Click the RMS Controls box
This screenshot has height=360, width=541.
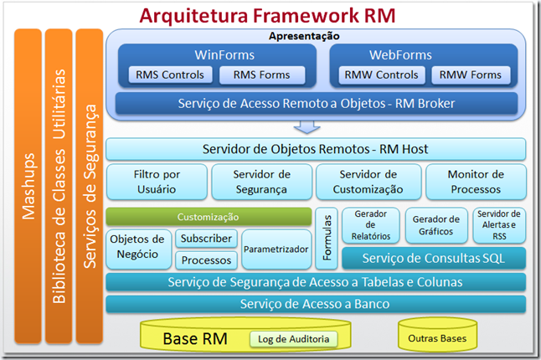(x=170, y=75)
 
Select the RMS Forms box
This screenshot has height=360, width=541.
(x=261, y=75)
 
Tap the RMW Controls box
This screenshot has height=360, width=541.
(x=382, y=75)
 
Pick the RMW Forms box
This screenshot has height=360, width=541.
(x=471, y=75)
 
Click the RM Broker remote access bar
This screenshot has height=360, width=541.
(x=315, y=103)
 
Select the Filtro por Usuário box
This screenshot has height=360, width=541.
(x=157, y=181)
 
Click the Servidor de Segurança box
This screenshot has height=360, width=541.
(x=261, y=181)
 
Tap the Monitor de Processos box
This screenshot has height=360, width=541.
(x=475, y=181)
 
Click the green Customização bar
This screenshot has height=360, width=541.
(x=208, y=217)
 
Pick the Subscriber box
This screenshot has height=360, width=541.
(x=206, y=239)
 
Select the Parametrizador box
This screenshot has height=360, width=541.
(x=276, y=249)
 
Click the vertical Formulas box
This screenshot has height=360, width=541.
(x=326, y=238)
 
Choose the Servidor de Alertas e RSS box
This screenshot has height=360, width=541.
(x=500, y=225)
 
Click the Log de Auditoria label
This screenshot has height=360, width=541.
(x=293, y=339)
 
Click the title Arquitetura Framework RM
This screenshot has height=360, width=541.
(x=267, y=15)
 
